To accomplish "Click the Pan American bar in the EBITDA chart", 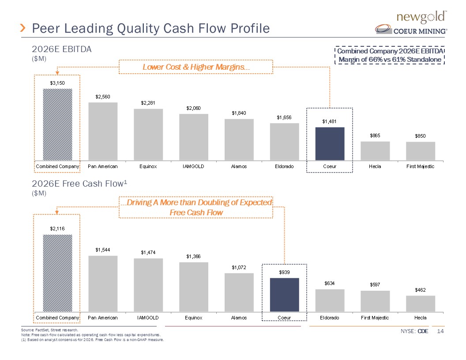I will tap(103, 131).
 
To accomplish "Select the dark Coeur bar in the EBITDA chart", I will tap(329, 143).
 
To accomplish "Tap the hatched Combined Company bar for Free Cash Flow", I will tap(57, 273).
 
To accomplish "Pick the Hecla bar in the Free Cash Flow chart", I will tap(420, 303).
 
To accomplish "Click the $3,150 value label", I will tap(57, 82).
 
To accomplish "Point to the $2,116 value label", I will tap(57, 228).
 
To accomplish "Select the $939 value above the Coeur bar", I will tap(284, 272).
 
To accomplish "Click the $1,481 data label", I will tap(329, 121).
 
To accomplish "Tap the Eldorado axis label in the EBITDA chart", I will tap(284, 166).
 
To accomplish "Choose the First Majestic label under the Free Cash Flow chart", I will tap(375, 318).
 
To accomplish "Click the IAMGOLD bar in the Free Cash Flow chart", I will tap(148, 285).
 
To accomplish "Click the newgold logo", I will tap(422, 17).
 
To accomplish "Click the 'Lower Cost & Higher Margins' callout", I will tap(196, 67).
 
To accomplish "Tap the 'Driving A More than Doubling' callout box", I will tap(196, 207).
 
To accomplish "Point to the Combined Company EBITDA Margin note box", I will tap(390, 56).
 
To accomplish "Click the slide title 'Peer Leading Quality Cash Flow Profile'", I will tap(151, 29).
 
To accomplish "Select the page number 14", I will tap(440, 331).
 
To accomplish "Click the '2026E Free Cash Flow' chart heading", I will tap(81, 183).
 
